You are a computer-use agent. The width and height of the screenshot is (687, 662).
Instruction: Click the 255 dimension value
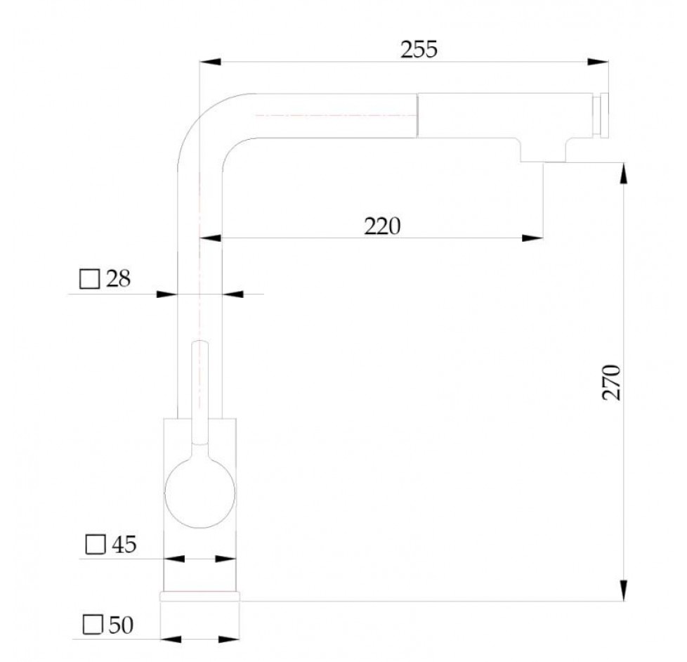tap(419, 49)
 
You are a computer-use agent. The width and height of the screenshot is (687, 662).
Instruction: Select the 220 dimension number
tap(382, 226)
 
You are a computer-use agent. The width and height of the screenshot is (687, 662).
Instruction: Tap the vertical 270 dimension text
tap(611, 382)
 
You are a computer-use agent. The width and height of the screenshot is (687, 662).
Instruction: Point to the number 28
tap(118, 279)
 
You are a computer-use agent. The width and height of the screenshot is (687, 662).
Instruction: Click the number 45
tap(124, 545)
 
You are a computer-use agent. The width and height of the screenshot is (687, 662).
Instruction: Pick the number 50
tap(121, 625)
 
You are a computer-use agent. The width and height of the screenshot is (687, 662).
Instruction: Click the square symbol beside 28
tap(89, 279)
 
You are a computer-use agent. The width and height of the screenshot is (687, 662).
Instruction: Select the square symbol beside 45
tap(95, 545)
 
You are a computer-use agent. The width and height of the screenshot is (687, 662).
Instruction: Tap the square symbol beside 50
tap(93, 625)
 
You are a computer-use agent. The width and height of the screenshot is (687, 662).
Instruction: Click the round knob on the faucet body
tap(199, 493)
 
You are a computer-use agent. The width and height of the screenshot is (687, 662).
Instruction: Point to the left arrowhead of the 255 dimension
tap(210, 62)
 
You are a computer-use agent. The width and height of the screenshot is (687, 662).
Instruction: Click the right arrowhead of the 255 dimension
tap(598, 62)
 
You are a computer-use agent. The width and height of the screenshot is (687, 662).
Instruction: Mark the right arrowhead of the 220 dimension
tap(532, 238)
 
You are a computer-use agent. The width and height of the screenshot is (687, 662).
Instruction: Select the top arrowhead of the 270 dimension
tap(624, 174)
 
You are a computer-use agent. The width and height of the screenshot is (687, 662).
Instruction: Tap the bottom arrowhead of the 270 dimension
tap(624, 590)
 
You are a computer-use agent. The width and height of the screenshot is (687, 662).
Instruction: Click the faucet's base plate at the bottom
tap(199, 596)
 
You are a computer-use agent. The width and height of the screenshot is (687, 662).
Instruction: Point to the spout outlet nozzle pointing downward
tap(543, 150)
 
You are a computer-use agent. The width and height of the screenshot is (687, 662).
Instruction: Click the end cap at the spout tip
tap(601, 115)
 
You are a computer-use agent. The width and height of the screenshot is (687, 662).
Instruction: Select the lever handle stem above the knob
tap(199, 393)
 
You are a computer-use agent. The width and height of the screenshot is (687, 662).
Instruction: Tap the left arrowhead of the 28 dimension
tap(167, 294)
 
